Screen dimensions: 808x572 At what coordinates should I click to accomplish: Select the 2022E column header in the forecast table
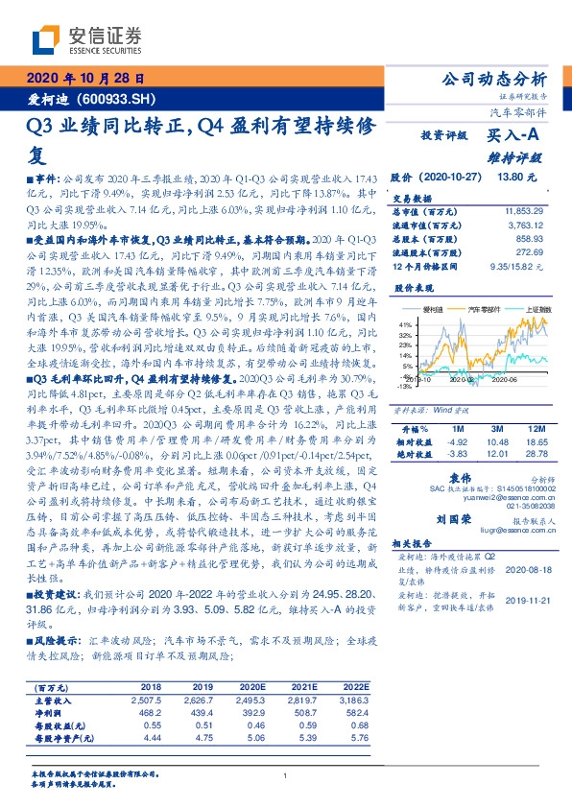(357, 688)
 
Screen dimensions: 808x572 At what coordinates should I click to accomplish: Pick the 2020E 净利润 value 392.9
(255, 714)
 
